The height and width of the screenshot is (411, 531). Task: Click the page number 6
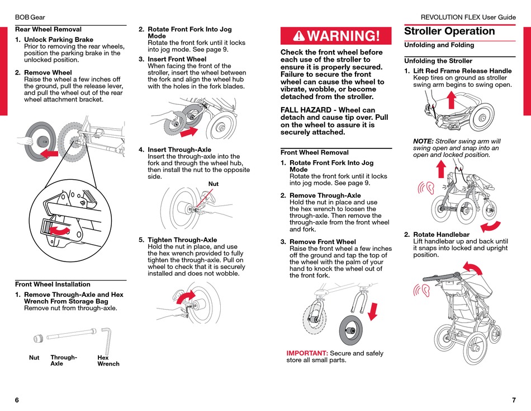(x=17, y=400)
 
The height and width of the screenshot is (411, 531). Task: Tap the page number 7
(x=514, y=400)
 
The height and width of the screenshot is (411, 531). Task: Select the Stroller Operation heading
(x=449, y=31)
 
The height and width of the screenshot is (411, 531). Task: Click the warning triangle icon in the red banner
(x=300, y=36)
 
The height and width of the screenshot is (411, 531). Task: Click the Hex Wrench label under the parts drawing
(x=108, y=361)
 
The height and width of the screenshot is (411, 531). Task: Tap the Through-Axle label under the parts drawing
(x=63, y=360)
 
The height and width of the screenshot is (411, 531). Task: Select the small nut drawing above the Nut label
(x=39, y=338)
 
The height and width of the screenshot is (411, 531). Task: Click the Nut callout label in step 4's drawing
(x=214, y=184)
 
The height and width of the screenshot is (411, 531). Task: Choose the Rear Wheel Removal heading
(x=48, y=29)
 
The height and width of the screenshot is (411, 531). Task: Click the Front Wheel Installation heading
(x=53, y=284)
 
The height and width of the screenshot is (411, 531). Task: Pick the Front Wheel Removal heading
(x=314, y=152)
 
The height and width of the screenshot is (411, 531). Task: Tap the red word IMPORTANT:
(x=307, y=353)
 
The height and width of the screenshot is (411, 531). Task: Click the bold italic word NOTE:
(x=423, y=141)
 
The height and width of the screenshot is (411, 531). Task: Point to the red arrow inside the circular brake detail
(x=60, y=230)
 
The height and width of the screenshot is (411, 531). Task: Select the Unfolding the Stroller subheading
(x=438, y=60)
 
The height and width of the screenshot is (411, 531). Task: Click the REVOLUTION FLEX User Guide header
(x=468, y=17)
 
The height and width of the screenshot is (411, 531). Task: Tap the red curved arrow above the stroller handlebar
(x=474, y=269)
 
